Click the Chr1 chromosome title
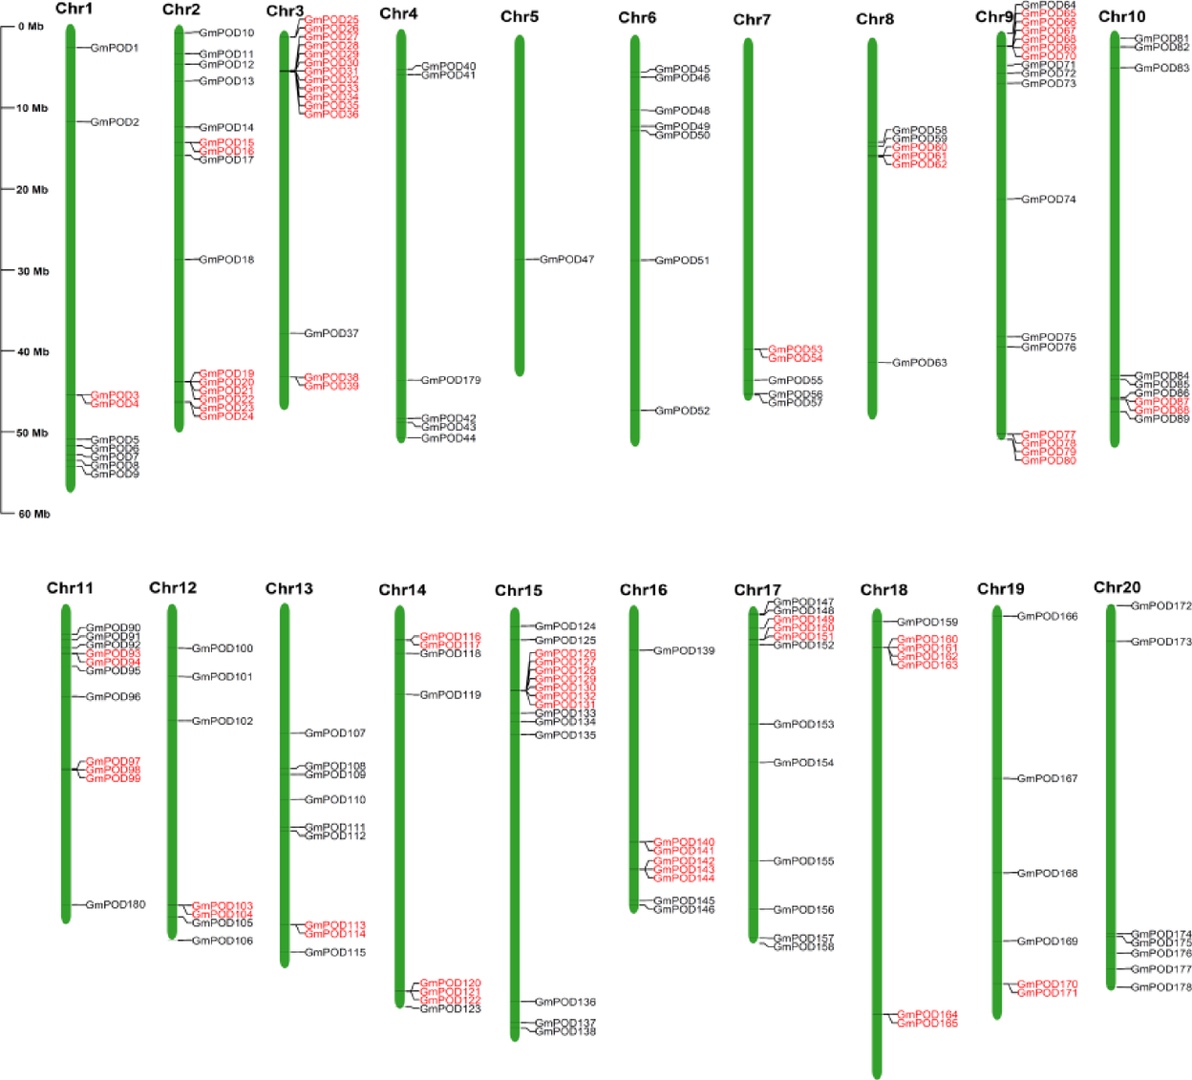click(x=74, y=9)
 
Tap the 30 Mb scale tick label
click(x=32, y=271)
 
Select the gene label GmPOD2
click(x=115, y=122)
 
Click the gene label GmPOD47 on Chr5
click(x=566, y=260)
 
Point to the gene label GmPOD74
click(x=1048, y=200)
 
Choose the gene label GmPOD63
click(x=919, y=363)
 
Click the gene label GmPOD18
click(x=226, y=260)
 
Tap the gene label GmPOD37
click(x=330, y=333)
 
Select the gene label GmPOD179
click(x=451, y=380)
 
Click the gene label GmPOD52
click(x=682, y=411)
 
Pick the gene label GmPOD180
click(x=116, y=904)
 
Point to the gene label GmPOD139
click(x=684, y=650)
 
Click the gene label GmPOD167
click(x=1047, y=778)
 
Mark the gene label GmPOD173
click(x=1160, y=642)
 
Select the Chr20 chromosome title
click(x=1117, y=587)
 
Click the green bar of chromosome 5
click(x=520, y=205)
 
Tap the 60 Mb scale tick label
click(x=33, y=514)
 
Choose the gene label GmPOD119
click(x=450, y=695)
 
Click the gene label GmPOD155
click(x=803, y=861)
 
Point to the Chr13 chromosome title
click(x=289, y=588)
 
